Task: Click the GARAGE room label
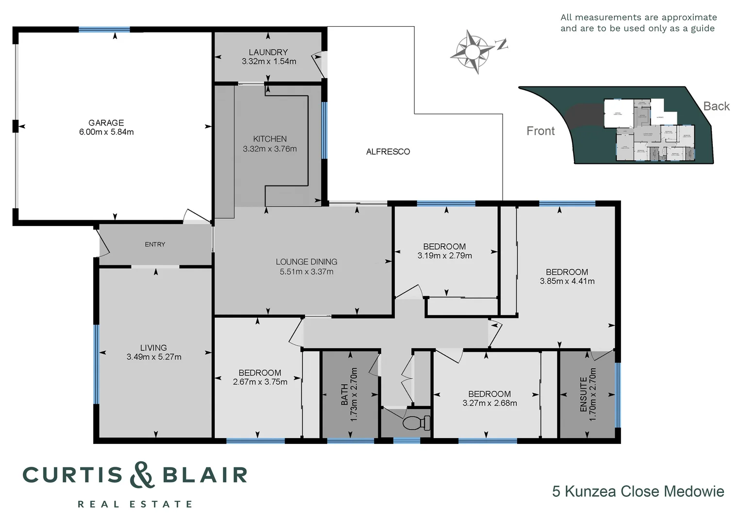coord(106,123)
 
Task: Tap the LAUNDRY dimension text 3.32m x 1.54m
coord(269,62)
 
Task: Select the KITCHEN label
coord(270,139)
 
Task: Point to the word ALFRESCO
coord(388,152)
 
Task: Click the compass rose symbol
coord(472,51)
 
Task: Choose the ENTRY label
coord(155,245)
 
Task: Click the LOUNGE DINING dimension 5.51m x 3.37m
coord(306,272)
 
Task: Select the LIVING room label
coord(153,347)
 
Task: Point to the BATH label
coord(344,394)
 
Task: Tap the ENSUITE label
coord(583,394)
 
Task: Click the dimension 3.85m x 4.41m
coord(567,281)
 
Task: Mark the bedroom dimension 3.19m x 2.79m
coord(444,256)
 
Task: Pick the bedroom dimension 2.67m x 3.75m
coord(260,382)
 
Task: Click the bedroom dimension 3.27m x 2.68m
coord(489,403)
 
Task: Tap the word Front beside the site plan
coord(540,131)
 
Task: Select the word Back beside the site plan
coord(716,106)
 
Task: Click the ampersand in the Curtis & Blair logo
coord(142,475)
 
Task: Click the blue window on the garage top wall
coord(104,30)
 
